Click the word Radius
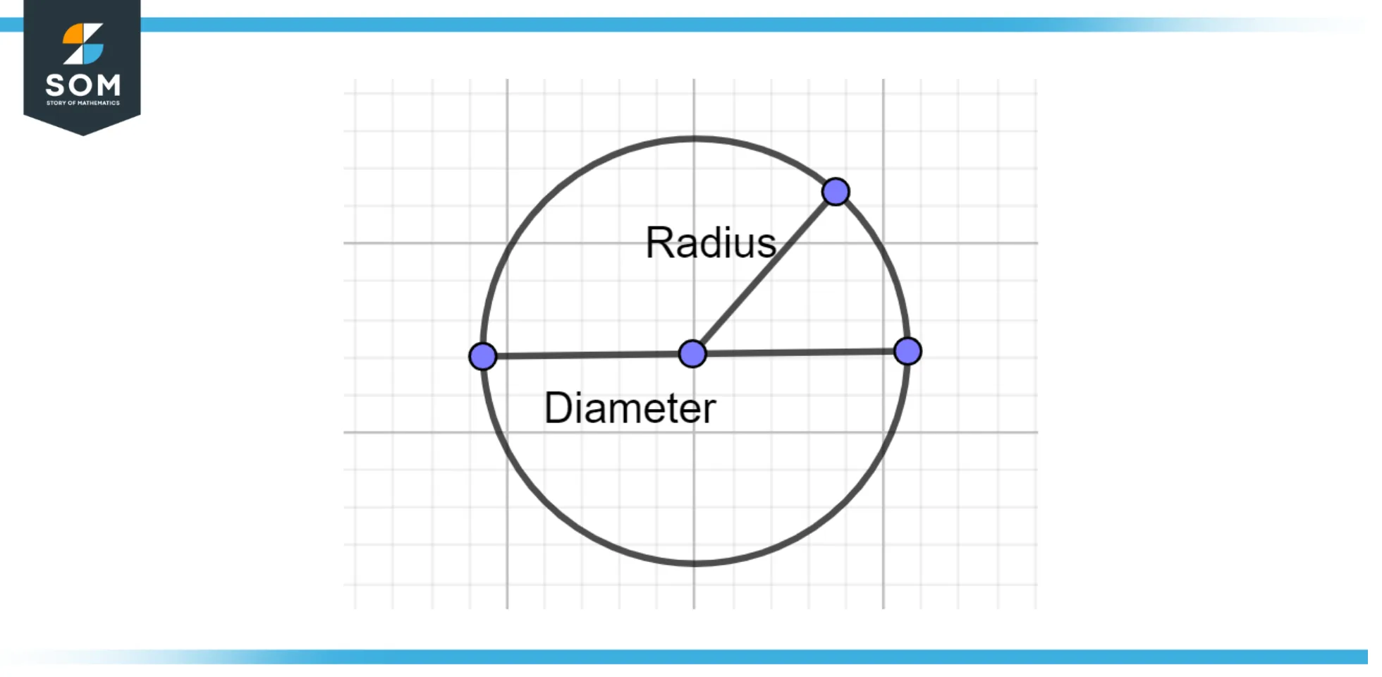pos(710,243)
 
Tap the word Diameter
pos(630,408)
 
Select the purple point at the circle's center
pos(692,353)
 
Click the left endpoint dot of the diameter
pos(483,356)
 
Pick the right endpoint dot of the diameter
pos(907,350)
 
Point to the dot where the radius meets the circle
pos(836,192)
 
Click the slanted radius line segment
pos(765,272)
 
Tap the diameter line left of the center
pos(589,355)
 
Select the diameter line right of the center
pos(800,352)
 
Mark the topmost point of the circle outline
pos(695,138)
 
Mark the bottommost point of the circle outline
pos(695,563)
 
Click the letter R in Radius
pos(660,243)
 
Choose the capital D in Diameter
pos(558,408)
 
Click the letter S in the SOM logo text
pos(56,86)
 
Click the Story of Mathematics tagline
pos(82,103)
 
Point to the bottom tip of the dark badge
pos(82,134)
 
